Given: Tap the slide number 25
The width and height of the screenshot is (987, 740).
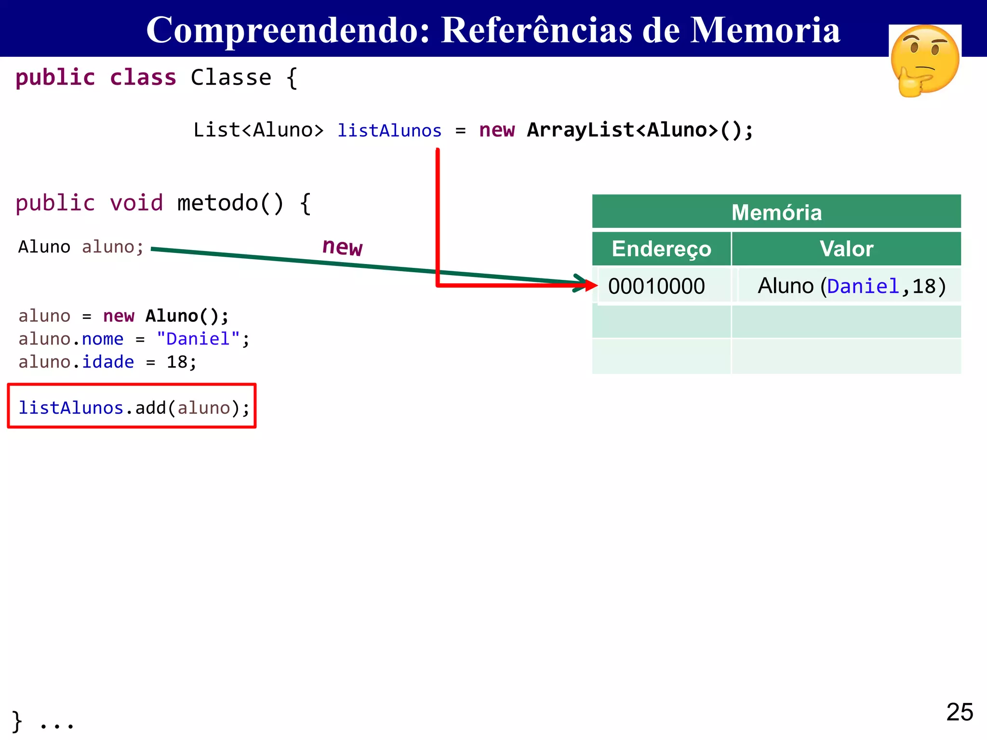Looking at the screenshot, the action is [x=960, y=712].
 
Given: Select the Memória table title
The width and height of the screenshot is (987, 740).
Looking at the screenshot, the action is [x=776, y=212].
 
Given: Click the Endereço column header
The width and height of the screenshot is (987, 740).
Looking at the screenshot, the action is [x=661, y=249].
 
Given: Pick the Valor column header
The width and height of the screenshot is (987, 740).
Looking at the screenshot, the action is [x=846, y=249].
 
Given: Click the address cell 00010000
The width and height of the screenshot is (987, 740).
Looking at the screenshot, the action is [x=656, y=286].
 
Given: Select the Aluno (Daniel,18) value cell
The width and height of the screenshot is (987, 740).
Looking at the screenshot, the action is [x=852, y=286].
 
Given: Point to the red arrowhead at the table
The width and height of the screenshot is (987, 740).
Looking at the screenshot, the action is [x=591, y=285].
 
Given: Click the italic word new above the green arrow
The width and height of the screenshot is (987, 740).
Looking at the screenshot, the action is [x=342, y=247].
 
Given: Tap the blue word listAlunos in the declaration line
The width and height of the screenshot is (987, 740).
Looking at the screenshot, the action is [x=389, y=131].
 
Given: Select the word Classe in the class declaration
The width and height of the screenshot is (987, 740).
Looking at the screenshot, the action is [x=231, y=78].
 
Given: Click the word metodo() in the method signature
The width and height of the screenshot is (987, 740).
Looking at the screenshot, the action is [x=230, y=203].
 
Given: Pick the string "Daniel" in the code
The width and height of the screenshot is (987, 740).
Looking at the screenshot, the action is [x=198, y=339].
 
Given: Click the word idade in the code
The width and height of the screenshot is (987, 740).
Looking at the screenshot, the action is [x=108, y=362].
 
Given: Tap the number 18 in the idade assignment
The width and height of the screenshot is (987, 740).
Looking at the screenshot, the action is [x=177, y=362].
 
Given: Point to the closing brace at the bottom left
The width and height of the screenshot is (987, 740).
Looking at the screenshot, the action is [x=17, y=721].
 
